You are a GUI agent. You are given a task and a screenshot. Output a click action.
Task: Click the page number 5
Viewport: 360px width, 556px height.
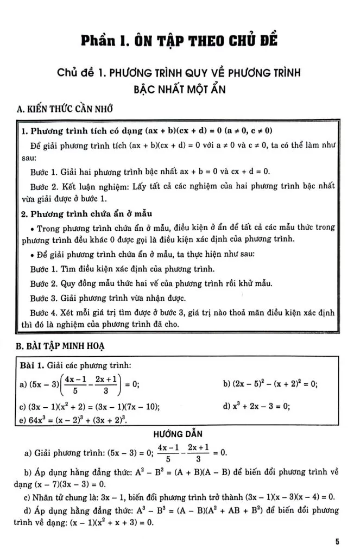337,541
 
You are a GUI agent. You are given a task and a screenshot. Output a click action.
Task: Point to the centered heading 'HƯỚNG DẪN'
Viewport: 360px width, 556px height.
179,435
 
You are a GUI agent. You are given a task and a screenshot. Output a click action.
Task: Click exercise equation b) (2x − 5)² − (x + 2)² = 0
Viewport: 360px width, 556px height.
270,384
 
